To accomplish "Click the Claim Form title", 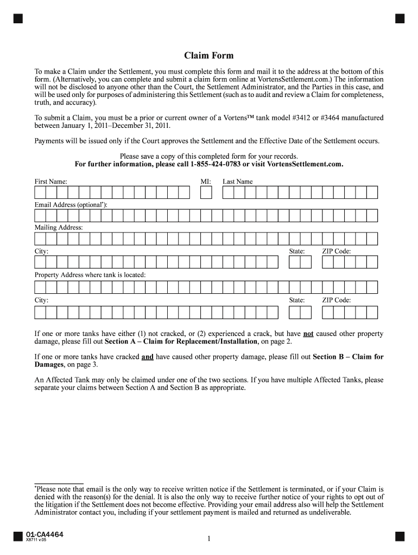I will click(x=209, y=56).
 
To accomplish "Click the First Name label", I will click(x=51, y=182).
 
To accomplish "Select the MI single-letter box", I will click(x=206, y=193).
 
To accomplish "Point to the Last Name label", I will click(x=238, y=182).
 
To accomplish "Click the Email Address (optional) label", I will click(x=71, y=205).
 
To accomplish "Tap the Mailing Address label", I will click(x=59, y=228).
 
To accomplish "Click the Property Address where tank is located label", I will click(x=90, y=275).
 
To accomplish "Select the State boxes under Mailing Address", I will click(x=300, y=263).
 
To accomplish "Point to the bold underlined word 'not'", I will click(x=308, y=334).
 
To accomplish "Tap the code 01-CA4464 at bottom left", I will click(x=44, y=535).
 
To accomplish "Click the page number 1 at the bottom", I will click(x=208, y=538).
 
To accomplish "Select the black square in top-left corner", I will click(x=18, y=19).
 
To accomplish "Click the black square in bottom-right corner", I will click(x=400, y=537).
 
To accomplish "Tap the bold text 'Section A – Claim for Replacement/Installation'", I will click(x=181, y=342).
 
